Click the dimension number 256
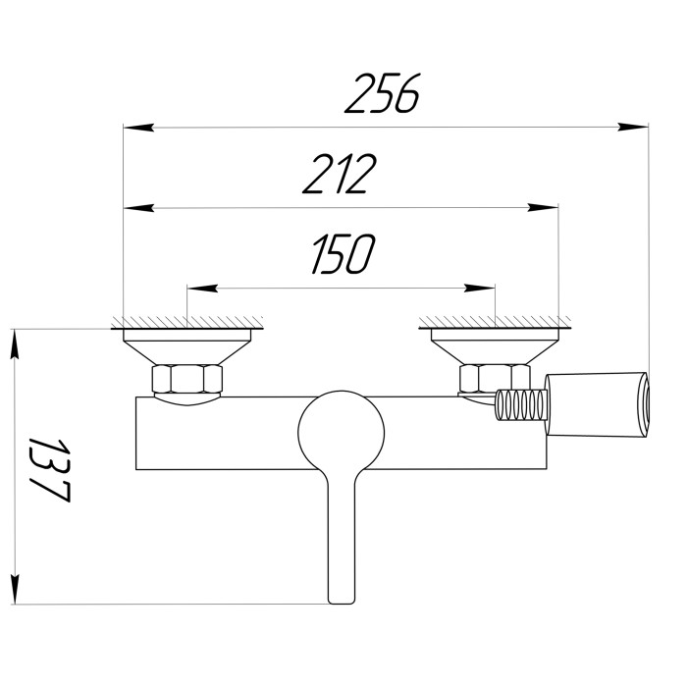pos(382,93)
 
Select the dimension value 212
pos(340,174)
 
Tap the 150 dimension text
pos(343,254)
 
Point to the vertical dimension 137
pos(49,470)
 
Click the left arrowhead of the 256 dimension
pos(138,128)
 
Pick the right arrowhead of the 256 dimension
pos(633,127)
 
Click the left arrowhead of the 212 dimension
pos(138,208)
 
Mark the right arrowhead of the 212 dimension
pos(544,208)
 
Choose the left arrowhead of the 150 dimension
pos(202,289)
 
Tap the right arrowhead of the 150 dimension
pos(480,289)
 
